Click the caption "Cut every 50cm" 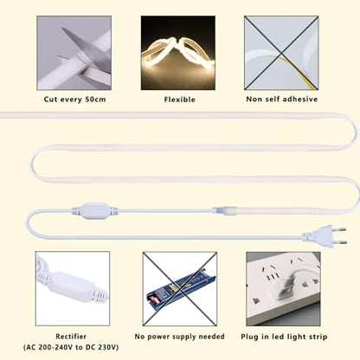[74, 100]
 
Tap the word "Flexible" [180, 100]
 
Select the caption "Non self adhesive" [282, 100]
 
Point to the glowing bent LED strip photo [178, 53]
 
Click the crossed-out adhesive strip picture [281, 53]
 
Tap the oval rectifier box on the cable [95, 210]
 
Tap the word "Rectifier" [71, 337]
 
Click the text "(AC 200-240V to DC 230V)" [71, 347]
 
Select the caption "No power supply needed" [179, 337]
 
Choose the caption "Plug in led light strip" [284, 337]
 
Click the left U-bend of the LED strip [32, 164]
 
